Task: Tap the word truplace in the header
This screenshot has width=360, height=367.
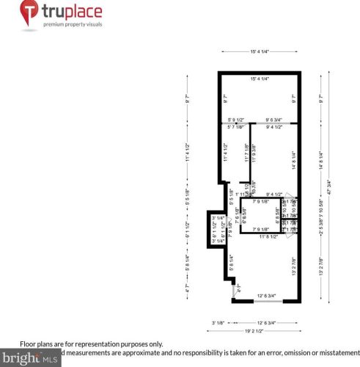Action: pyautogui.click(x=72, y=12)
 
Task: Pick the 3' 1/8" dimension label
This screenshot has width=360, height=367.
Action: pyautogui.click(x=218, y=322)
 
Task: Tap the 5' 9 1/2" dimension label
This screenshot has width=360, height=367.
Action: pyautogui.click(x=236, y=119)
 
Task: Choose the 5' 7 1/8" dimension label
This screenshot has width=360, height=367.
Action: pyautogui.click(x=235, y=126)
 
